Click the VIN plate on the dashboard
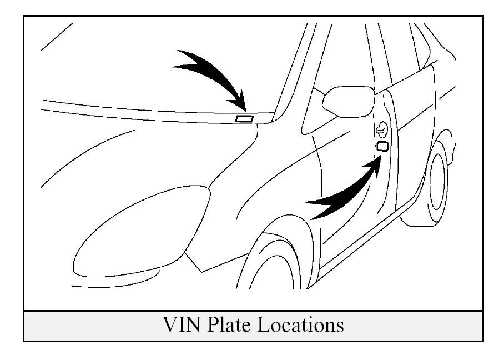coord(244,118)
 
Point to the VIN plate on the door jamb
coord(382,146)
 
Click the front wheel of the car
coord(278,267)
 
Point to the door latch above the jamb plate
coord(381,131)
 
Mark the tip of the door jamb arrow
coord(381,156)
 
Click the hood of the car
coord(139,156)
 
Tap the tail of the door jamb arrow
coord(311,208)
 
